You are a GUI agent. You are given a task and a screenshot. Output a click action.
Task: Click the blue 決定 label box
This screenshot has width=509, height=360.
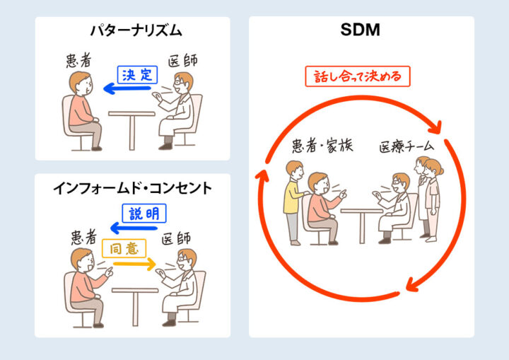tap(136, 75)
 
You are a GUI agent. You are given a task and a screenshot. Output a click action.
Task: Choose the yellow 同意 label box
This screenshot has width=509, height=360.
tap(124, 248)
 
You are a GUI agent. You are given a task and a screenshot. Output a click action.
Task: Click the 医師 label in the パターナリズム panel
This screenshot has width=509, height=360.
tap(182, 61)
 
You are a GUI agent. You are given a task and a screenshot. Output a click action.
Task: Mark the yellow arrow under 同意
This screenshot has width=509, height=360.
tap(134, 264)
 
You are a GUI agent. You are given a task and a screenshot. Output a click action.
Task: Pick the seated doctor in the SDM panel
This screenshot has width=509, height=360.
tap(396, 209)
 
